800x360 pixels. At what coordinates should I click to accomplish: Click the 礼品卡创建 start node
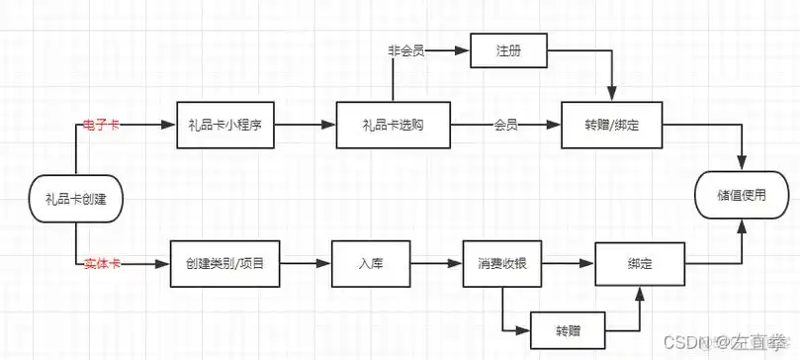point(76,199)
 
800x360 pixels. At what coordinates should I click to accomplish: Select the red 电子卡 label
point(102,125)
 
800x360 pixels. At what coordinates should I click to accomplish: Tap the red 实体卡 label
point(102,264)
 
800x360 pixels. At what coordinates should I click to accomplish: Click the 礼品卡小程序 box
point(226,126)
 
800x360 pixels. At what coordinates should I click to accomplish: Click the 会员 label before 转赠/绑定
point(506,126)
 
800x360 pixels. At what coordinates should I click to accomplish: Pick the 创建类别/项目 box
point(225,265)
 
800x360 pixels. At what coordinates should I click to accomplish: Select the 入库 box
point(370,265)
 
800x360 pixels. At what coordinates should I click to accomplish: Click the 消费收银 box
point(502,265)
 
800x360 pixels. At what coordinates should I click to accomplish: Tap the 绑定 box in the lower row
point(639,265)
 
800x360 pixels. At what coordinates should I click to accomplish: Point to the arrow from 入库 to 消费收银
point(436,265)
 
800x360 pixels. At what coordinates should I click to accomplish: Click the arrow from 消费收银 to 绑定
point(569,265)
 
